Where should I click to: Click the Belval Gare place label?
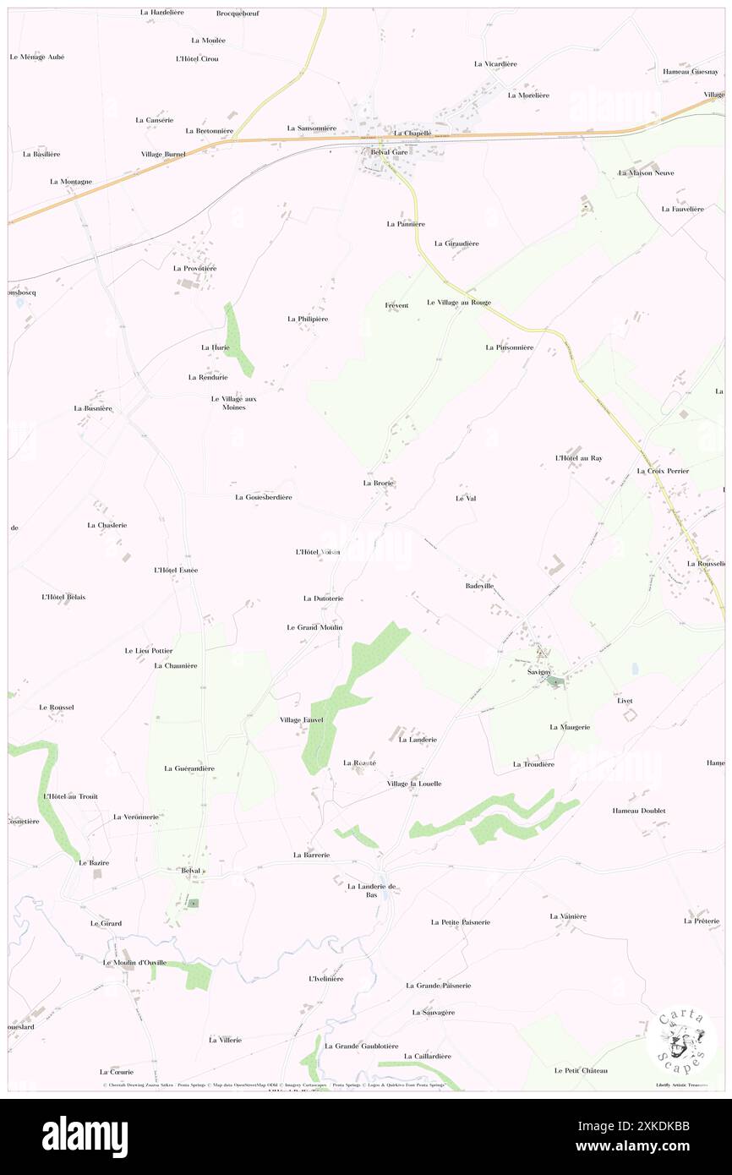point(390,152)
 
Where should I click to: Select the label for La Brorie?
point(379,483)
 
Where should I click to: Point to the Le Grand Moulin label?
point(314,627)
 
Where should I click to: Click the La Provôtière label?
point(195,268)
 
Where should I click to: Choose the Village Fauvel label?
point(302,720)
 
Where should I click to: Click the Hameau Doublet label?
point(639,811)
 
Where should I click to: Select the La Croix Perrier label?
point(663,471)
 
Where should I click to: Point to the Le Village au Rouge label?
point(458,302)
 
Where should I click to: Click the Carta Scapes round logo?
point(681,1041)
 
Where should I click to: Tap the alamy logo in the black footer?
point(85,1137)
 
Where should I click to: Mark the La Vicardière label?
point(495,63)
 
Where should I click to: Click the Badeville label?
point(479,586)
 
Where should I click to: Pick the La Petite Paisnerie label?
point(460,922)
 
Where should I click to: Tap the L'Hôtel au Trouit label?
point(70,796)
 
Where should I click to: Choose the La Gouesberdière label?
point(263,497)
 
